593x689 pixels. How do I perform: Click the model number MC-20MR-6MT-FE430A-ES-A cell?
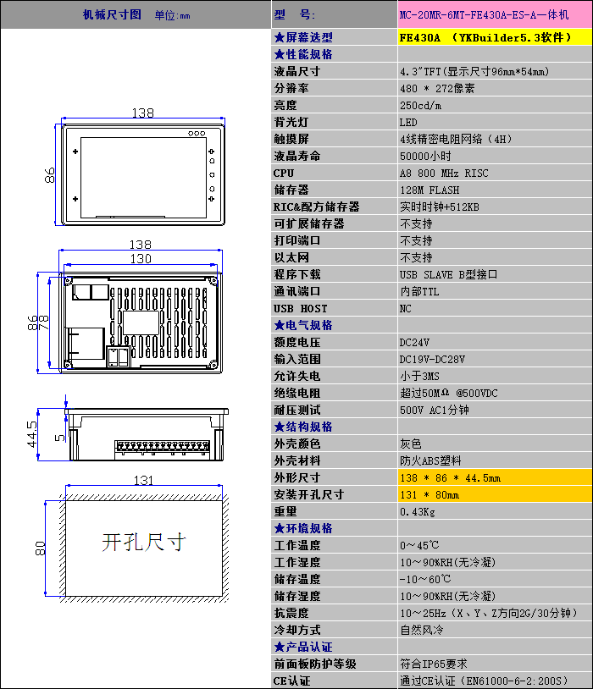pyautogui.click(x=495, y=15)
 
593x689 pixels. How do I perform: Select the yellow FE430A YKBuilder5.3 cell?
pyautogui.click(x=495, y=37)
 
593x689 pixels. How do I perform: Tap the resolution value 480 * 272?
pyautogui.click(x=437, y=88)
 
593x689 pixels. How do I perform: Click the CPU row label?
pyautogui.click(x=284, y=174)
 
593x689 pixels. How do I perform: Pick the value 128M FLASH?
pyautogui.click(x=430, y=190)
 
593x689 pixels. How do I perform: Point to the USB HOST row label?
pyautogui.click(x=301, y=308)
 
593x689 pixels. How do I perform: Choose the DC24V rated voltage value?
pyautogui.click(x=414, y=342)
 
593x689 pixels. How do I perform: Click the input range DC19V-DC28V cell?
pyautogui.click(x=495, y=360)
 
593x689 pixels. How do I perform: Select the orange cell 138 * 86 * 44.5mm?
pyautogui.click(x=495, y=477)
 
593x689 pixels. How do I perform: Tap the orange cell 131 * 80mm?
pyautogui.click(x=495, y=495)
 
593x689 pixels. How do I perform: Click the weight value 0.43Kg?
pyautogui.click(x=418, y=512)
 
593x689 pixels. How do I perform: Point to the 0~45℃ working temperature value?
pyautogui.click(x=419, y=545)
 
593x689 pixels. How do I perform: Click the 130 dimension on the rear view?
pyautogui.click(x=141, y=259)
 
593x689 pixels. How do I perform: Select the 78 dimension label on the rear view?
pyautogui.click(x=43, y=322)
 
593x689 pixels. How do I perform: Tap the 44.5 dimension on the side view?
pyautogui.click(x=32, y=434)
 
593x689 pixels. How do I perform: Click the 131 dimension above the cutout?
pyautogui.click(x=143, y=480)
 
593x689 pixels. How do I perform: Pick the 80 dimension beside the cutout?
pyautogui.click(x=40, y=548)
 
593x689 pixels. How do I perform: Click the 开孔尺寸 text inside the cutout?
pyautogui.click(x=144, y=542)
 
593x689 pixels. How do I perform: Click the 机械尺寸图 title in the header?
pyautogui.click(x=112, y=14)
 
